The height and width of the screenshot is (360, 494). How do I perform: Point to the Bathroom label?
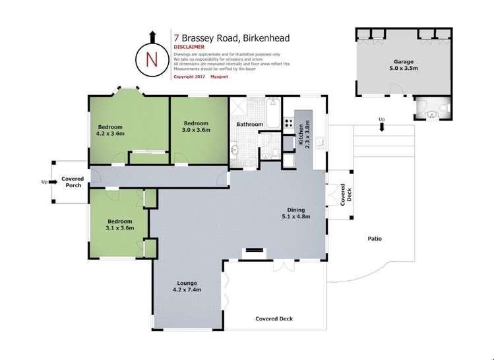coord(251,124)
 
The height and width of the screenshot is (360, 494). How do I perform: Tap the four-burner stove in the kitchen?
coord(288,123)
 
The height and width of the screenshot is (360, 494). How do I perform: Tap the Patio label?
coord(375,239)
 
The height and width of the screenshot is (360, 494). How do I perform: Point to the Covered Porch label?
coord(72,182)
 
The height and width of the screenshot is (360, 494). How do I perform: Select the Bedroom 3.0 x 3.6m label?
coord(196,127)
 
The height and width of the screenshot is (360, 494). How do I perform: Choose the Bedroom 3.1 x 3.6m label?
coord(119,224)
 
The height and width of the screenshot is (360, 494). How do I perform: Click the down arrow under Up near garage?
coord(381,127)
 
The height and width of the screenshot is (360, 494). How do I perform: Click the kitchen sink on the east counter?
coord(319,140)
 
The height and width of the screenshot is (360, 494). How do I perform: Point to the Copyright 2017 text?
coord(189,76)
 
